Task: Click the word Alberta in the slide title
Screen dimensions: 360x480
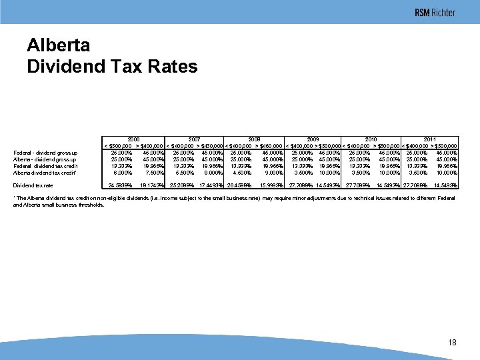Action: coord(58,45)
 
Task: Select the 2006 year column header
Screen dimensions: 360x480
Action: coord(133,139)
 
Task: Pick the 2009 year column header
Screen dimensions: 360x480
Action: coord(313,139)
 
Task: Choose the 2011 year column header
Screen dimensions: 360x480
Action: coord(430,139)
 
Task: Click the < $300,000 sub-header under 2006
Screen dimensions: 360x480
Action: coord(117,146)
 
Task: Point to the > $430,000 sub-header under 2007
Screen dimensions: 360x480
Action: coord(209,146)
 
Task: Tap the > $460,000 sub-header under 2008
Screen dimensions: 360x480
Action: coord(270,146)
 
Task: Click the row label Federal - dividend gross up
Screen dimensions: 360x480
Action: coord(45,153)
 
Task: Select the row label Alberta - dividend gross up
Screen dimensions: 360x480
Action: coord(45,159)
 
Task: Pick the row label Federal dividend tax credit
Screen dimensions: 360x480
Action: coord(45,166)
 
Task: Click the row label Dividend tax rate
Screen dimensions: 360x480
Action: coord(33,185)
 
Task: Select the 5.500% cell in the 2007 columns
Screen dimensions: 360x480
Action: coord(182,173)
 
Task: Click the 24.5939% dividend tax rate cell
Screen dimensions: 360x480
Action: coord(119,185)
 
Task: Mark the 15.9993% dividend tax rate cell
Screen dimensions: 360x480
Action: coord(270,185)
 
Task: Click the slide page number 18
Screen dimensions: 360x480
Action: coord(453,342)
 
